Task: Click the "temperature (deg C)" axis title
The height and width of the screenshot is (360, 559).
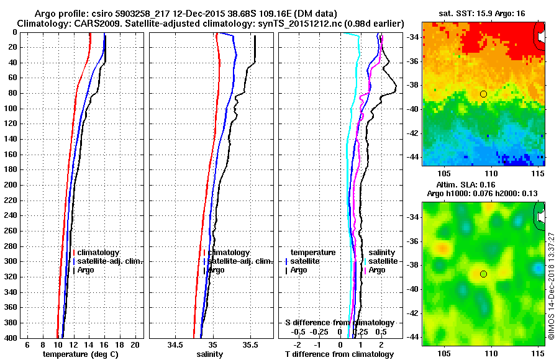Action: click(80, 354)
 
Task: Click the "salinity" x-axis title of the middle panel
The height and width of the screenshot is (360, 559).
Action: click(209, 354)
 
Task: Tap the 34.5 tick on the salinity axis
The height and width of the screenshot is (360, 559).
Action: click(175, 344)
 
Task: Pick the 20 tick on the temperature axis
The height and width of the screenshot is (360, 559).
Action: click(135, 344)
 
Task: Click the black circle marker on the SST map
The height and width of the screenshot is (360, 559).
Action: click(483, 94)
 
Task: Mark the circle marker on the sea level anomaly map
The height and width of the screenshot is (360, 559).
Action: click(483, 274)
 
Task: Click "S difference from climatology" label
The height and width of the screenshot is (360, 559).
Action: click(339, 323)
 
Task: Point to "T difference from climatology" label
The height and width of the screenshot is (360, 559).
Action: click(339, 354)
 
